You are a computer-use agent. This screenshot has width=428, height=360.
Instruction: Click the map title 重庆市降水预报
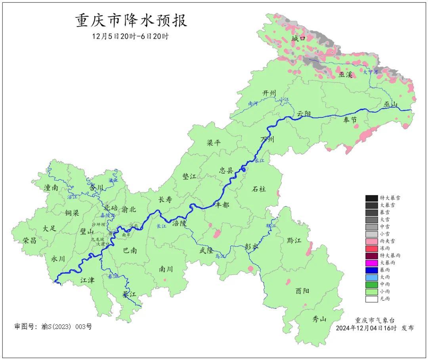point(131,21)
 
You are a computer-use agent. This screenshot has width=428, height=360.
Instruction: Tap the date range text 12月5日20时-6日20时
point(130,36)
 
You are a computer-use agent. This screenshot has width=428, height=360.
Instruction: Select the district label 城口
point(298,38)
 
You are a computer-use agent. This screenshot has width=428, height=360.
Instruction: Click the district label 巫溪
point(346,74)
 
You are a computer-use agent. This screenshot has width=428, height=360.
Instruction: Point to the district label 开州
point(269,93)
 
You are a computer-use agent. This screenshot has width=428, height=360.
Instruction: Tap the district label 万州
point(267,140)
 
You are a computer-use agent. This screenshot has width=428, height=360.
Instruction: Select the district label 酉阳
point(302,291)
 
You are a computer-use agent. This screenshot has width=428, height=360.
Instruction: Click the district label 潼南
point(52,188)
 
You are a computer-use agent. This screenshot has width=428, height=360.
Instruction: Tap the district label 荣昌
point(29,240)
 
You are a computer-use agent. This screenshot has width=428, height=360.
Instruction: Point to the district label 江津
point(87,280)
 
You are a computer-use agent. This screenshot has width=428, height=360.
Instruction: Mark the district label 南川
point(166,269)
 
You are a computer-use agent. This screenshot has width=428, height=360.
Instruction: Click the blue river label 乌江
point(220,257)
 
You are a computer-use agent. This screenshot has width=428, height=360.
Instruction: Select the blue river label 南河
point(253,103)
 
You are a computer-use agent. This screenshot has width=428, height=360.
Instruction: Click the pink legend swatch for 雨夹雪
point(371,241)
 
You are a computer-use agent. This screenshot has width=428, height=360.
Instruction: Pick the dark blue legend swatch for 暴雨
point(371,270)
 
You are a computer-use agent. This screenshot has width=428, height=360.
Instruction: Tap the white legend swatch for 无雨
point(371,299)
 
